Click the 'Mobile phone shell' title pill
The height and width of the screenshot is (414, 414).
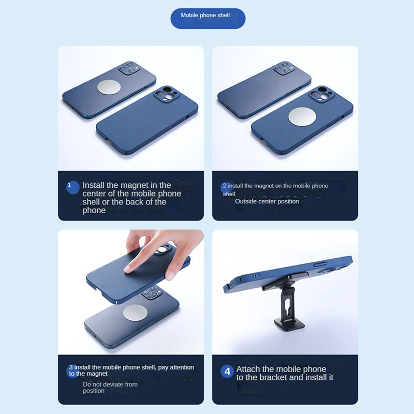click(x=208, y=19)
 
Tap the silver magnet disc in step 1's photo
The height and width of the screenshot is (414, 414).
click(x=109, y=87)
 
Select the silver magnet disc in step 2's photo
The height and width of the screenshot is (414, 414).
click(x=302, y=117)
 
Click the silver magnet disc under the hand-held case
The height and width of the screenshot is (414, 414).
click(x=135, y=313)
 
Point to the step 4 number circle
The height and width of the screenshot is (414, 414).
click(x=227, y=372)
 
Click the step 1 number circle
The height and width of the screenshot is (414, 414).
click(x=72, y=187)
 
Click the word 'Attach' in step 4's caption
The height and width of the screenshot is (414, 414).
click(x=248, y=369)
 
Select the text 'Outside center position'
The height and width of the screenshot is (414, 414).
click(x=267, y=201)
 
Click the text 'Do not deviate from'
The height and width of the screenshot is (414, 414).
click(x=110, y=384)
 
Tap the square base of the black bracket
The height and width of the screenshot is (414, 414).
click(x=289, y=324)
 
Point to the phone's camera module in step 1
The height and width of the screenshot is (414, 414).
click(x=129, y=68)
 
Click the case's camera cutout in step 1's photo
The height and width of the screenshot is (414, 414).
click(x=164, y=94)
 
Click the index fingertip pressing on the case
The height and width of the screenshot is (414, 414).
click(x=128, y=269)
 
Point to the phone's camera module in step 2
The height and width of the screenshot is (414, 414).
click(x=284, y=68)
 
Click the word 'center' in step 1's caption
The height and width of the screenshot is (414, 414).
click(x=95, y=194)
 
